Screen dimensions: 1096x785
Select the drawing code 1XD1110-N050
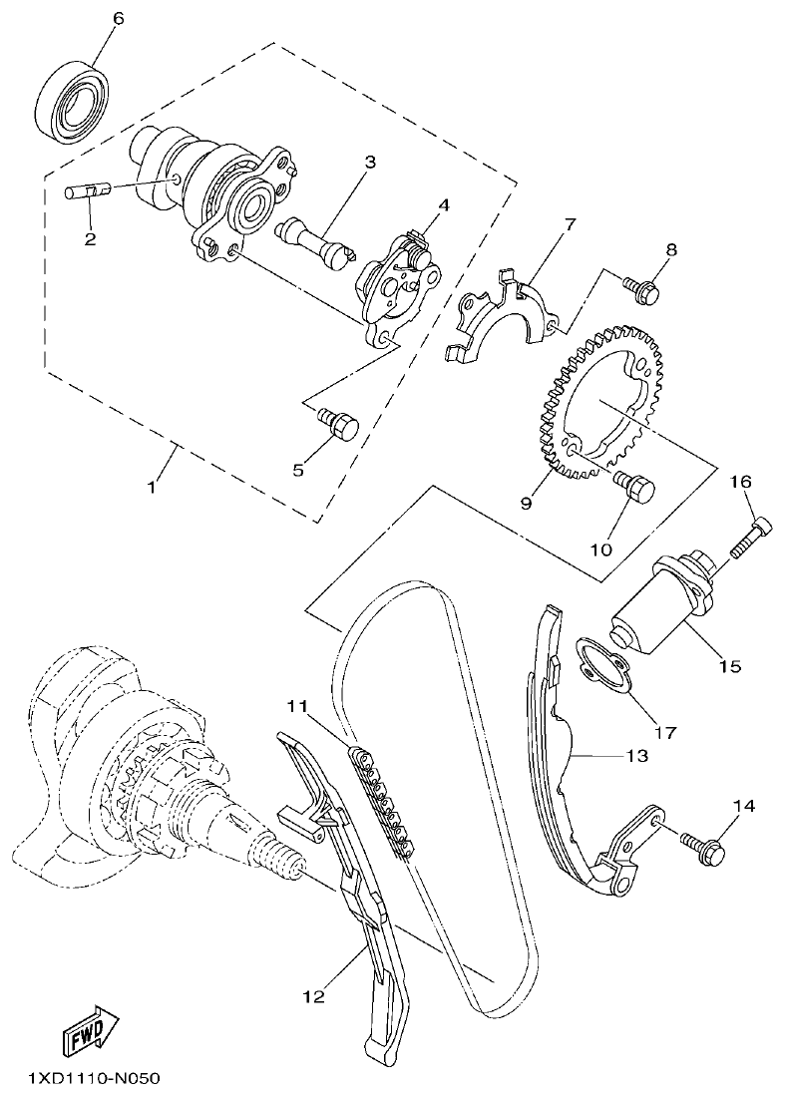click(x=81, y=1078)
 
